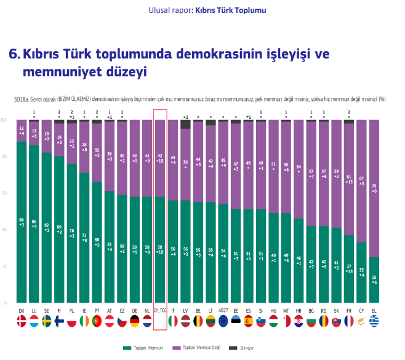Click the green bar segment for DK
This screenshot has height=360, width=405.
22,222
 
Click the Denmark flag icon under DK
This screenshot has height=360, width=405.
22,321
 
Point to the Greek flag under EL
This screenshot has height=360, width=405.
374,321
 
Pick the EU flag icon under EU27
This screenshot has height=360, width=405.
223,321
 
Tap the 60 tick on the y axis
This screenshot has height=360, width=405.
5,193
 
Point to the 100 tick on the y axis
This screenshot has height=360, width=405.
5,120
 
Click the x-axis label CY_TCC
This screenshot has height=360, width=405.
160,311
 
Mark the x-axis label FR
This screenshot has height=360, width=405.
349,311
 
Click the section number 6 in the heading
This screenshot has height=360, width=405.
13,54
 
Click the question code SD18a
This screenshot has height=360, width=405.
23,98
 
